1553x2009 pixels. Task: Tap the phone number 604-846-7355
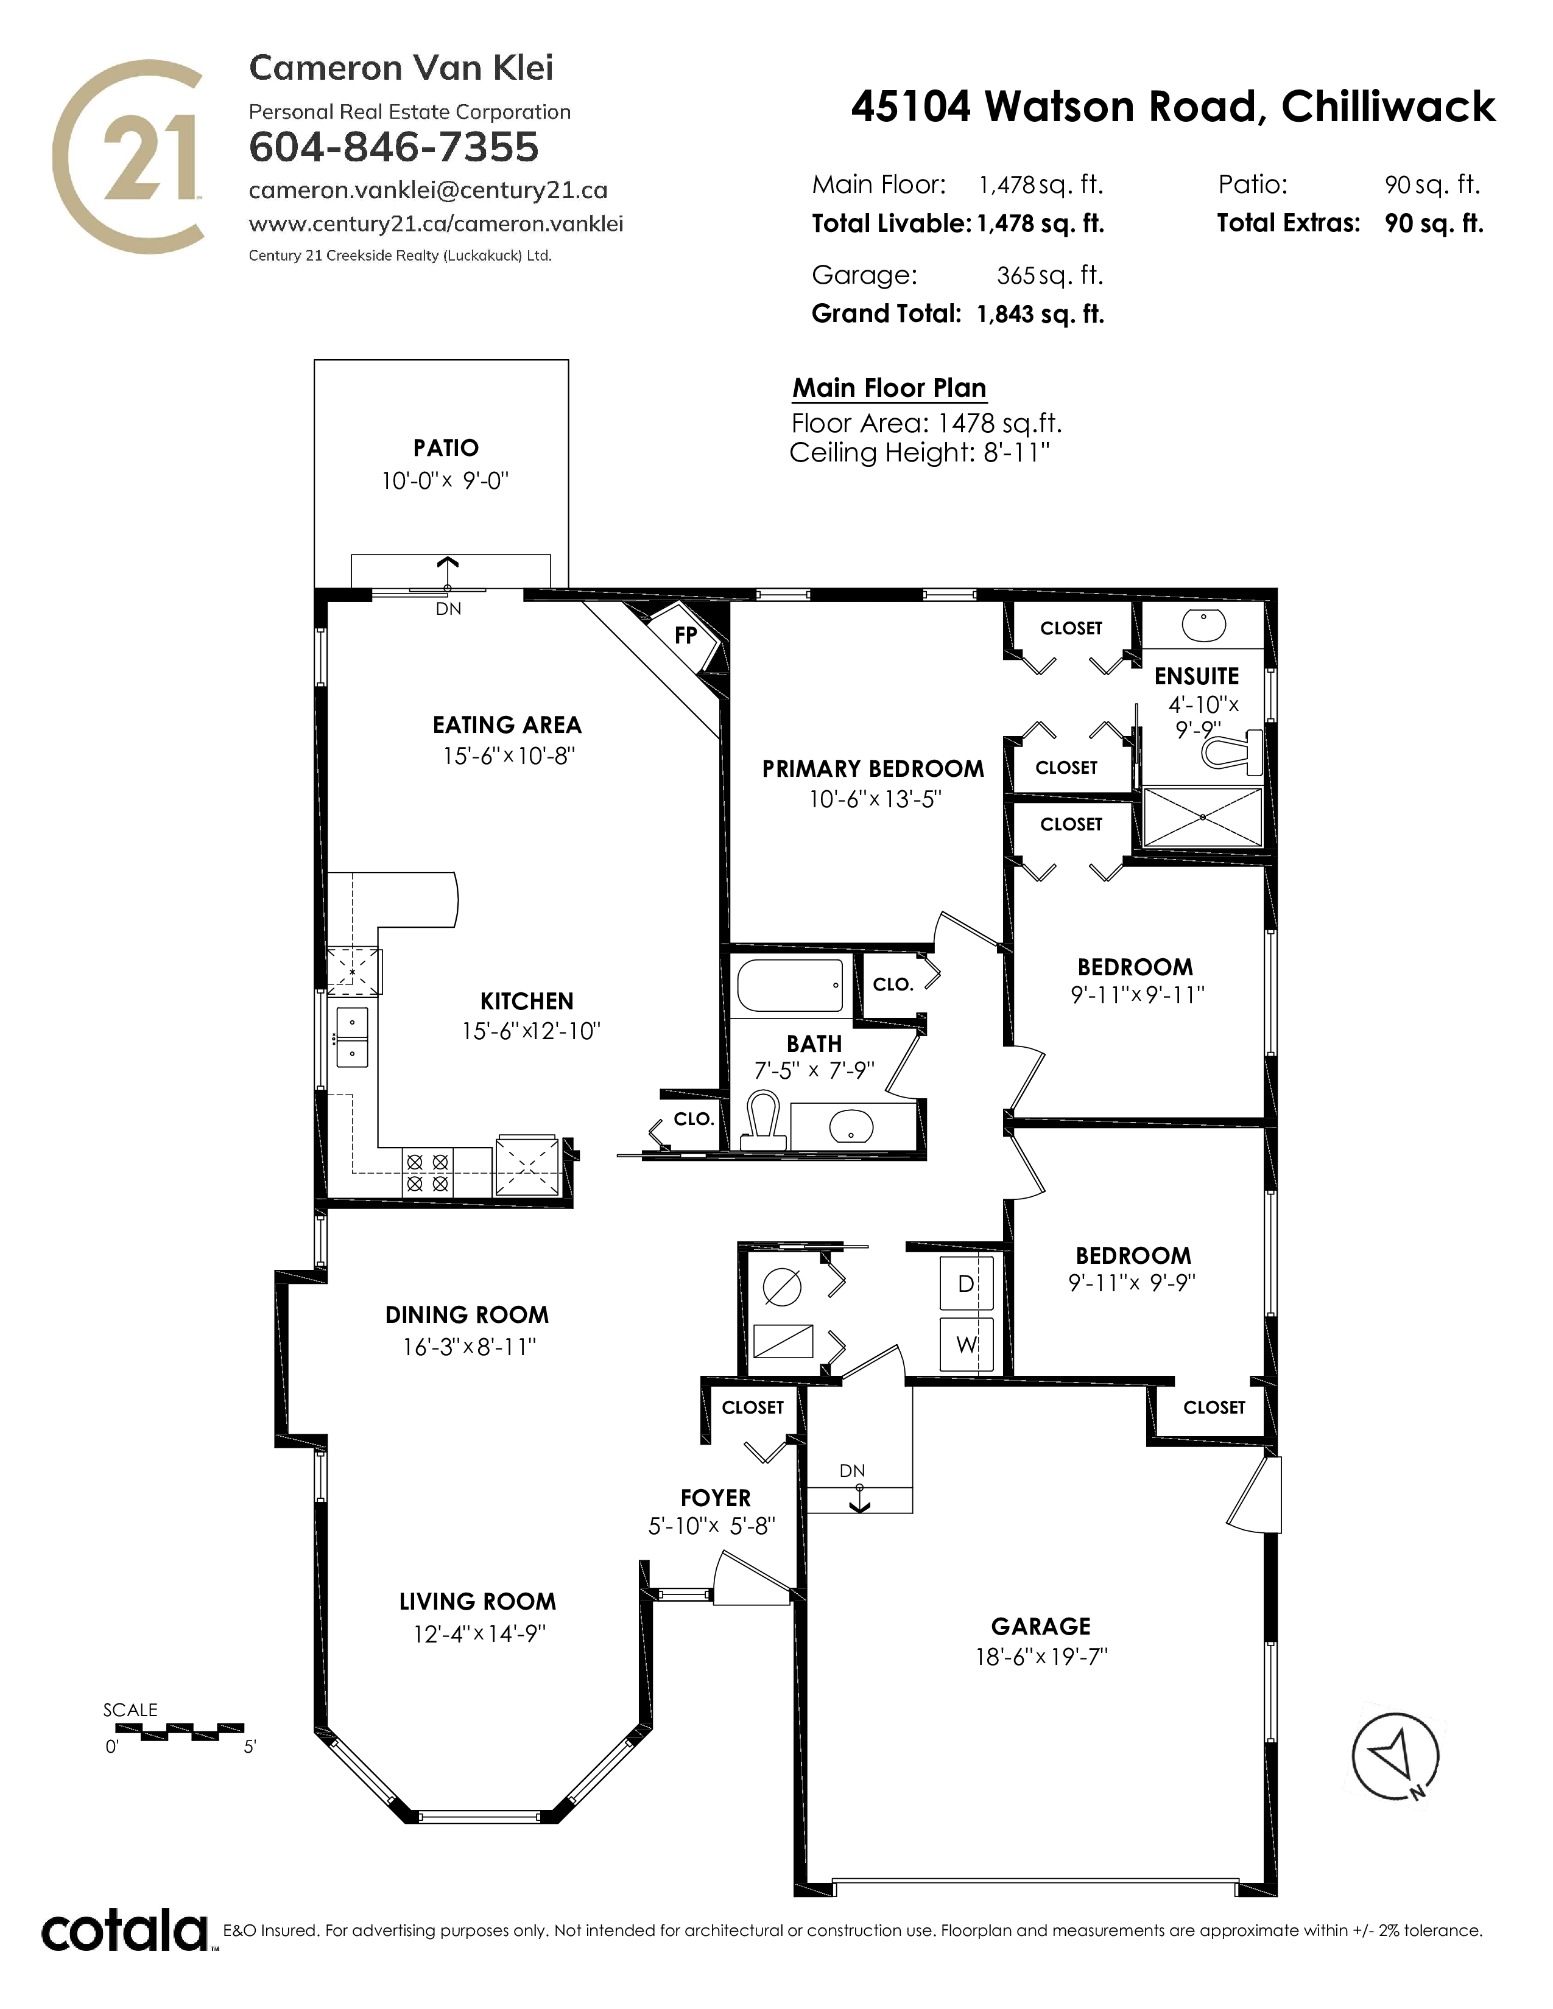[394, 147]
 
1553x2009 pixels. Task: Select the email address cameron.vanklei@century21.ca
[428, 191]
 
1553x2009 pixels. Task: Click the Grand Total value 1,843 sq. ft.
[1040, 315]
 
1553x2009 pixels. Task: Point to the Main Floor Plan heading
[889, 388]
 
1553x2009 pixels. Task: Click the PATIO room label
[446, 448]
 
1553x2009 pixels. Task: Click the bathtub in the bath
[791, 985]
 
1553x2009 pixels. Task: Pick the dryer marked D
[966, 1283]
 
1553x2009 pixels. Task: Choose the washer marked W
[966, 1344]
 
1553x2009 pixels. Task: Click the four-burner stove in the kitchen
[428, 1173]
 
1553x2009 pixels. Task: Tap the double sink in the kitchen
[353, 1037]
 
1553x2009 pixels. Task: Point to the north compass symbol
[1395, 1757]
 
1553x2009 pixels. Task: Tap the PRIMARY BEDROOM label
[873, 769]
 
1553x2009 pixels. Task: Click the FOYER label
[716, 1498]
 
